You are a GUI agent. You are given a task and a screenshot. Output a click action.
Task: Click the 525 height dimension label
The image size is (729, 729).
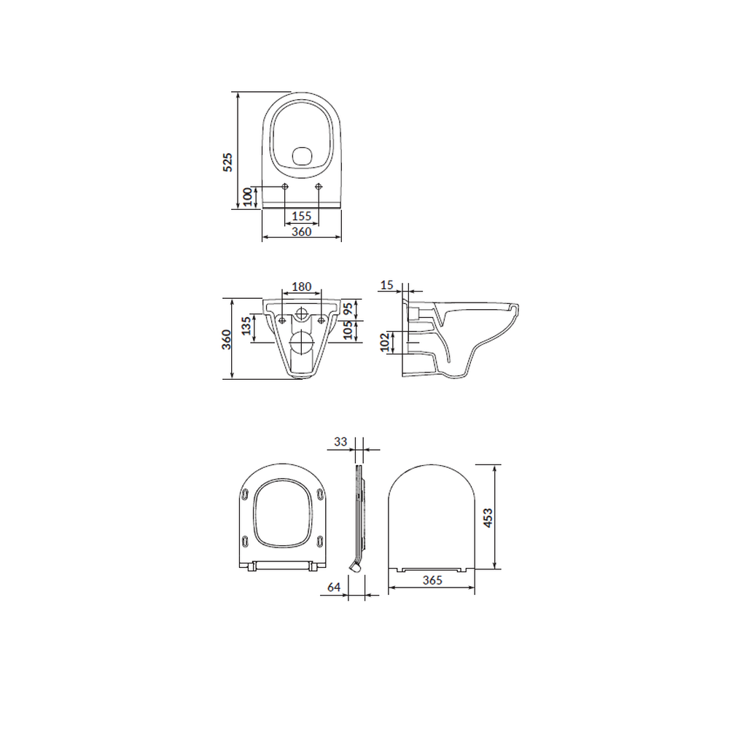coord(227,162)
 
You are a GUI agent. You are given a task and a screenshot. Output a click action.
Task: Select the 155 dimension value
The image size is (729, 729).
coord(301,216)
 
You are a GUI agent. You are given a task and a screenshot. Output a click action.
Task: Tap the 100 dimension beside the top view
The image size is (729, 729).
coord(248,197)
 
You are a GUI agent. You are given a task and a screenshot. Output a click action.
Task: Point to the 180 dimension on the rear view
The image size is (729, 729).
coord(301,286)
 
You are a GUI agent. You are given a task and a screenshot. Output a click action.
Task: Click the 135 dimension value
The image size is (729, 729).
coord(246,325)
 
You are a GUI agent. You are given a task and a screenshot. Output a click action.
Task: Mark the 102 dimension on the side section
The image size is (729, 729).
coord(385,342)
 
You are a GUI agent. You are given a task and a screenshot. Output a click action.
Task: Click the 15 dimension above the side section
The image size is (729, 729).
coord(387,284)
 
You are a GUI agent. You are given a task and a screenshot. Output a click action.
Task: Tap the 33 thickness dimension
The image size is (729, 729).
coord(340,442)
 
